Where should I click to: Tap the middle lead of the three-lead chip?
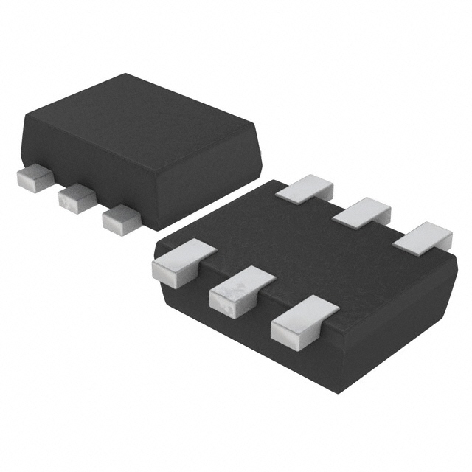pyautogui.click(x=76, y=195)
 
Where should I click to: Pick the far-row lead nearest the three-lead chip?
pyautogui.click(x=307, y=188)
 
